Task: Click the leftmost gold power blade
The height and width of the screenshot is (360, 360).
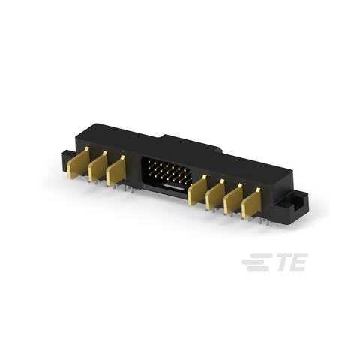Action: pyautogui.click(x=78, y=163)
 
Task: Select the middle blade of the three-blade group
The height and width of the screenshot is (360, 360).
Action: pyautogui.click(x=97, y=167)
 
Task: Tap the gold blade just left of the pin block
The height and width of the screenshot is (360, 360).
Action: pyautogui.click(x=115, y=171)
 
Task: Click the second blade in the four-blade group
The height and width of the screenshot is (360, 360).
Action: pyautogui.click(x=215, y=194)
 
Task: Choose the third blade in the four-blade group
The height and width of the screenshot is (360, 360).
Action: pyautogui.click(x=233, y=199)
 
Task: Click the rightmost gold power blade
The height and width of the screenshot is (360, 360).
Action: pyautogui.click(x=251, y=204)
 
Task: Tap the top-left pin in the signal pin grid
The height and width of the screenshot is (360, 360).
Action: pyautogui.click(x=149, y=162)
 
